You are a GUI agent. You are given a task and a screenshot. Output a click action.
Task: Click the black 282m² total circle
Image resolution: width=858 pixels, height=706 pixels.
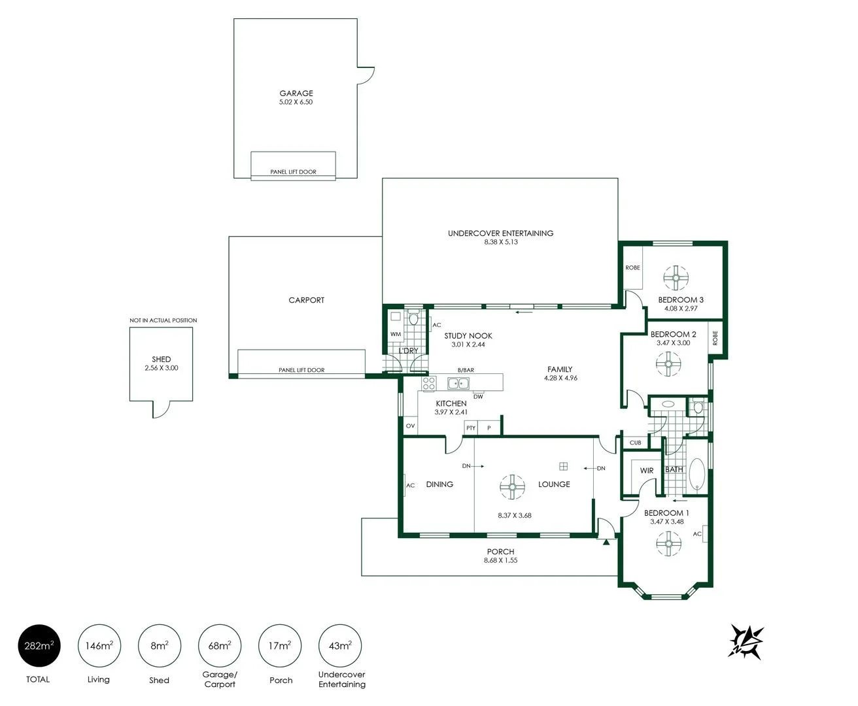click(x=39, y=647)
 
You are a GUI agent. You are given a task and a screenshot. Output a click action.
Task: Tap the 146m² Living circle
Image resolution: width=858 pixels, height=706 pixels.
click(x=99, y=647)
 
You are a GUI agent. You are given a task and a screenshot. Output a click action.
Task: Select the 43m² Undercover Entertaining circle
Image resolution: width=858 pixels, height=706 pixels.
click(x=340, y=647)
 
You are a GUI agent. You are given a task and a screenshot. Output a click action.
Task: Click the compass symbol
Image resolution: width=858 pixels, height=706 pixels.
click(x=747, y=641)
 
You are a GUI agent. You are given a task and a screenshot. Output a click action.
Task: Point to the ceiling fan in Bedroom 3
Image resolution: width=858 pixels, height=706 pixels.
click(x=674, y=278)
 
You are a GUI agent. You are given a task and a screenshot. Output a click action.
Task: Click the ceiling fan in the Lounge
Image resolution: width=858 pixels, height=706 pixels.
click(x=512, y=486)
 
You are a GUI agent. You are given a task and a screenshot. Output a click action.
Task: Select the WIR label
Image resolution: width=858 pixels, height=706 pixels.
click(x=646, y=471)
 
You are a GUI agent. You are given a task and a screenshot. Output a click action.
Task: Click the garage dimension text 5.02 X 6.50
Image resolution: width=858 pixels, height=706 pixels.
click(x=296, y=102)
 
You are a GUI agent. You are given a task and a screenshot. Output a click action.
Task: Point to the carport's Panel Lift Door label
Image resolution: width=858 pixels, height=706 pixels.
click(x=301, y=370)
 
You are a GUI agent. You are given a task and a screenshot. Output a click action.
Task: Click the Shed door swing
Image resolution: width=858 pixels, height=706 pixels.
click(x=161, y=409)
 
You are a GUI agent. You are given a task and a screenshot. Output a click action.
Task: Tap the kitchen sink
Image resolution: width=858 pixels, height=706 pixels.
click(x=459, y=384)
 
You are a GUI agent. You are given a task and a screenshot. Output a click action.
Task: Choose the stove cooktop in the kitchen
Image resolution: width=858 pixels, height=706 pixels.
click(x=429, y=384)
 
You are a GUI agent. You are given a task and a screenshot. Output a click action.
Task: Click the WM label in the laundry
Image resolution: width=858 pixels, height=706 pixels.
click(x=395, y=334)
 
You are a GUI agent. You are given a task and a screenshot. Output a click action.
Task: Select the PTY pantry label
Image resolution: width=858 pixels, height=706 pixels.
click(x=471, y=428)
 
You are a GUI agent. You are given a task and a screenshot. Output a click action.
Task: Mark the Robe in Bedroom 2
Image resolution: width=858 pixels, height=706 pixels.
click(x=715, y=339)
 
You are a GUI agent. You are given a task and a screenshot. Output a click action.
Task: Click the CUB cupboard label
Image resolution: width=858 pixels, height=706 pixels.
click(x=635, y=443)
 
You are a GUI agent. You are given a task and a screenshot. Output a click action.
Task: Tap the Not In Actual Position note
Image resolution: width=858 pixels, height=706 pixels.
click(x=163, y=320)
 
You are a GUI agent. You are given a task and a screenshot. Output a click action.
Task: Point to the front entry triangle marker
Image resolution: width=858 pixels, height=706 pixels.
click(x=607, y=541)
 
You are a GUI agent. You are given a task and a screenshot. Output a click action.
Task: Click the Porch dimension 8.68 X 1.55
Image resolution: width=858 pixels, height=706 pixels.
click(x=500, y=560)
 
